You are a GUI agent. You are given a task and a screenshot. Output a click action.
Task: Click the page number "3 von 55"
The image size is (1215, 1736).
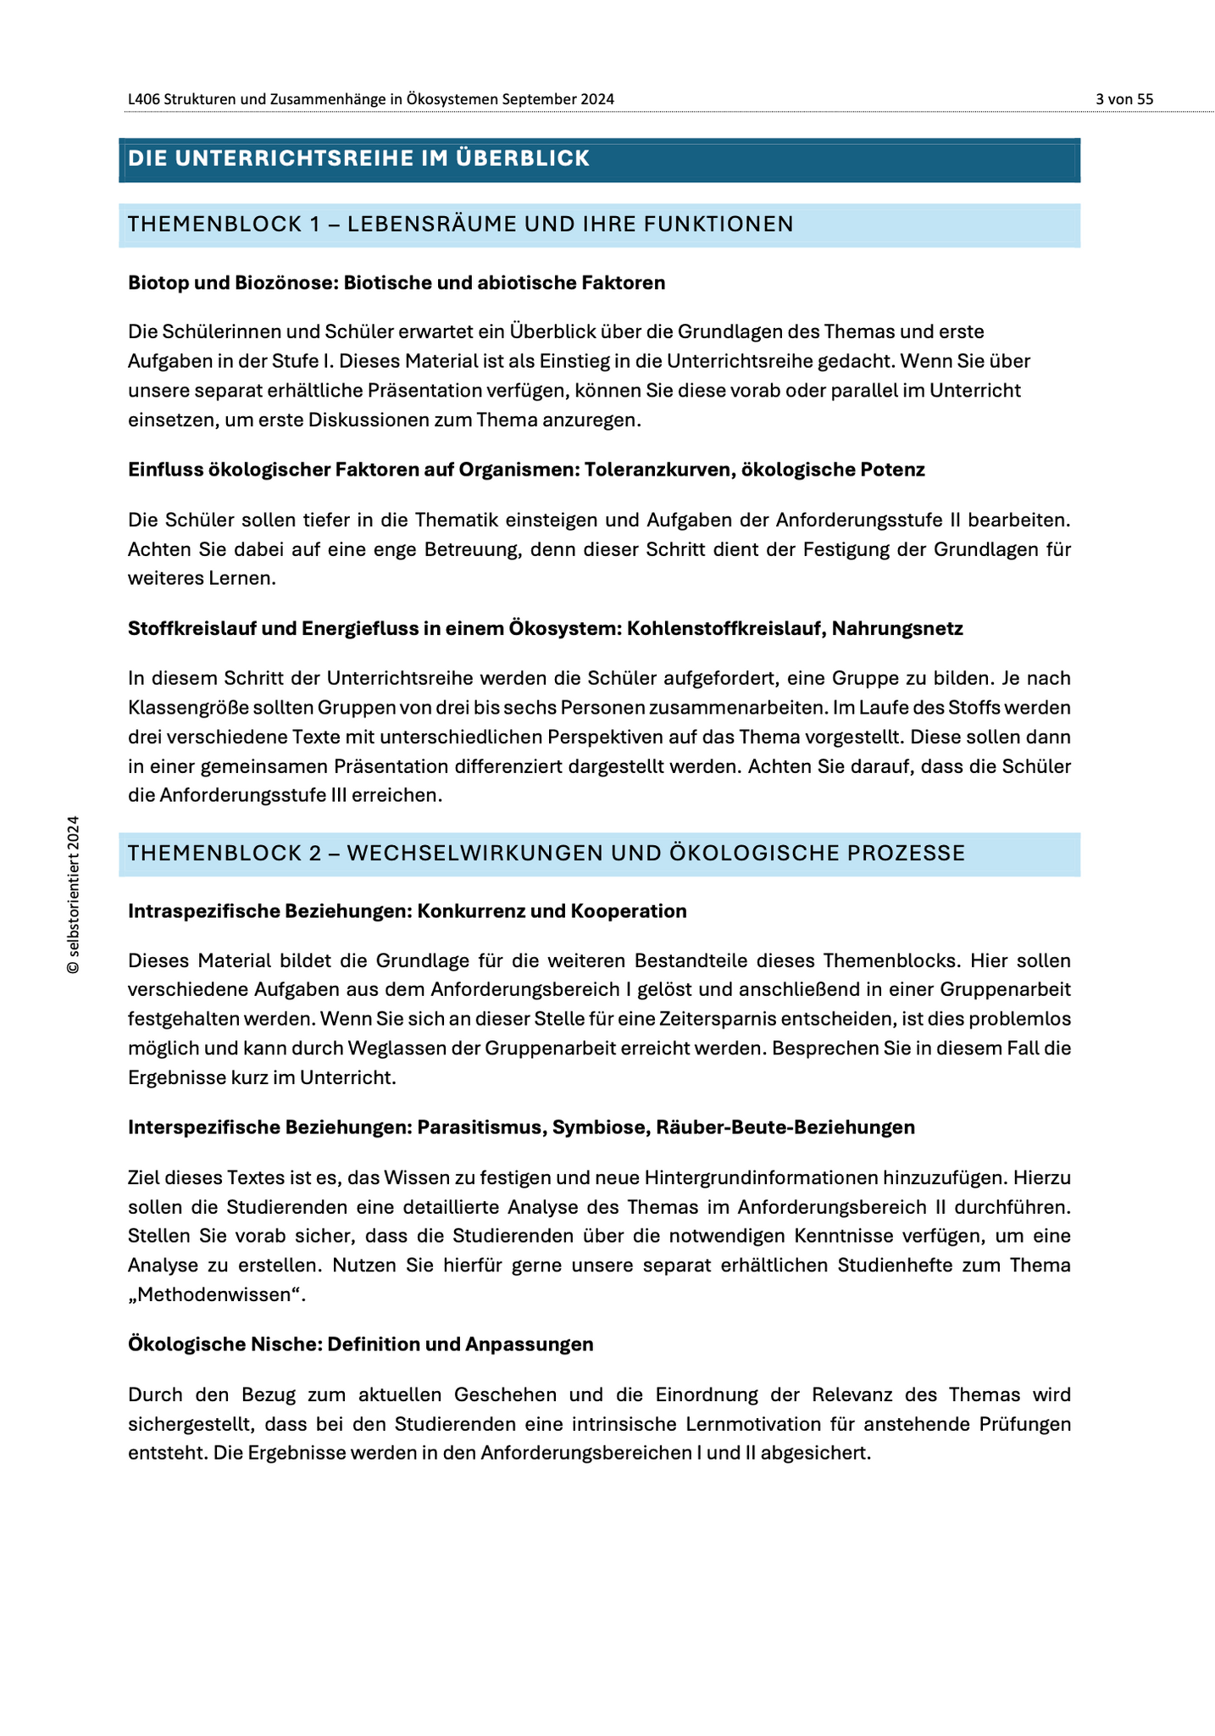point(1123,99)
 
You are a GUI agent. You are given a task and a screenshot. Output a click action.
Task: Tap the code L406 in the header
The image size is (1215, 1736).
point(144,99)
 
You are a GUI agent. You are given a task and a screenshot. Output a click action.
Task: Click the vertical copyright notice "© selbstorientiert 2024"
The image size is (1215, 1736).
point(74,894)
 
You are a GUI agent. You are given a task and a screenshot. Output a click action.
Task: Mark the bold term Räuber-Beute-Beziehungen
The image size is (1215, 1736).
point(785,1127)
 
